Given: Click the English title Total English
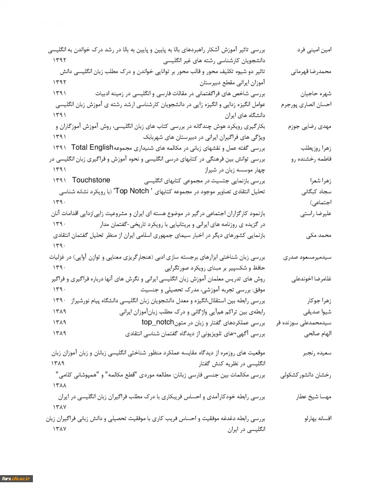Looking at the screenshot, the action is click(x=92, y=148).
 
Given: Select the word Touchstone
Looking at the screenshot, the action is click(x=91, y=180).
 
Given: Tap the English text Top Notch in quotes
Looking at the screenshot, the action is click(x=132, y=191).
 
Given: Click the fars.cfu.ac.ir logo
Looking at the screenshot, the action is click(x=16, y=479).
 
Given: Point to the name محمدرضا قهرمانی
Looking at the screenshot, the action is click(x=311, y=71).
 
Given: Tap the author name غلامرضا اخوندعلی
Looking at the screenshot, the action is click(x=307, y=279).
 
